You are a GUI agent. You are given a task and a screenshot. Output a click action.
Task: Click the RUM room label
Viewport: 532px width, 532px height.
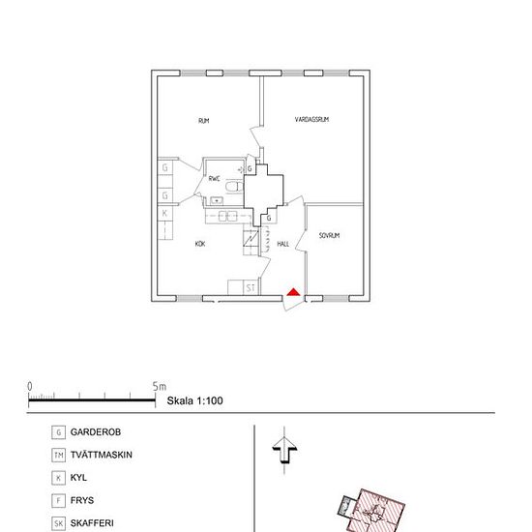point(203,121)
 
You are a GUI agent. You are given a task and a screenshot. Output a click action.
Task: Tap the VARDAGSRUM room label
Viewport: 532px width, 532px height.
point(311,119)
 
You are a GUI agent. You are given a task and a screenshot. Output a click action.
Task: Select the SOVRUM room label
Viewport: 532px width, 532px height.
point(329,235)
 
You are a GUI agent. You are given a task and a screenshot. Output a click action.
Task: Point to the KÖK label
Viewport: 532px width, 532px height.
point(200,244)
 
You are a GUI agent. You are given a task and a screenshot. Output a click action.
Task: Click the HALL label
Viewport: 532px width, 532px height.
point(283,244)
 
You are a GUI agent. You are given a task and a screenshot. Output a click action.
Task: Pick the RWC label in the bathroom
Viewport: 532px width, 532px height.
point(214,179)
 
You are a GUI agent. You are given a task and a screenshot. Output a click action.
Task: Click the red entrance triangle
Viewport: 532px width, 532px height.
point(293,292)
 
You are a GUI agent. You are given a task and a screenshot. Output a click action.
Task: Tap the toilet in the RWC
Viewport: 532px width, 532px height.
point(234,187)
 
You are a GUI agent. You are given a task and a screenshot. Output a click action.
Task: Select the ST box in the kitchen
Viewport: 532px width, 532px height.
point(251,287)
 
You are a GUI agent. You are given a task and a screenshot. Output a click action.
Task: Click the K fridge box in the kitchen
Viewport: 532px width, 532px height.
point(164,214)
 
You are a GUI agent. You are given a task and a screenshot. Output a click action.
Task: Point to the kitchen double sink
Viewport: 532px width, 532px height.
point(227,216)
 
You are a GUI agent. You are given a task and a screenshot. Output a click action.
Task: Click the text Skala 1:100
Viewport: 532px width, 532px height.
point(194,400)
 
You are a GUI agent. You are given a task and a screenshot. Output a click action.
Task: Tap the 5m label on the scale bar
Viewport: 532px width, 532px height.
point(160,387)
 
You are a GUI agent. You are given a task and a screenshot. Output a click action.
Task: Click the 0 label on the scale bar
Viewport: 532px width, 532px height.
point(30,387)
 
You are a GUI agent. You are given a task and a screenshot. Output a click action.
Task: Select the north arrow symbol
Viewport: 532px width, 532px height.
point(284,450)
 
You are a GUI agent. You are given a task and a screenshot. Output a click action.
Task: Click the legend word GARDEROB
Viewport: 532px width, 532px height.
point(96,432)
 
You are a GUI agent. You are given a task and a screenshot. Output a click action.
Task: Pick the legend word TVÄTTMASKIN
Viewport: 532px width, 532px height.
point(102,455)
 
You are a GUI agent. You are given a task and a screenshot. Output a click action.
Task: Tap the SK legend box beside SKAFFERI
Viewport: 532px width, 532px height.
point(58,523)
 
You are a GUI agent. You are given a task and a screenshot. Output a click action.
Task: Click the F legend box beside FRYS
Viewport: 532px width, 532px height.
point(58,500)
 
